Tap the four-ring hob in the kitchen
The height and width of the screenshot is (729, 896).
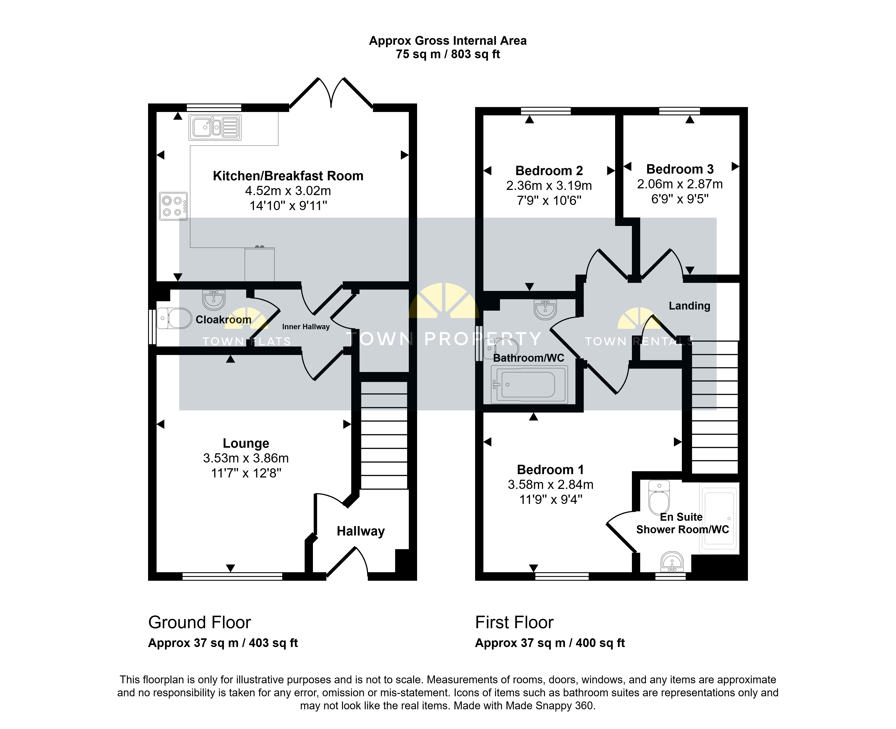[x=173, y=206]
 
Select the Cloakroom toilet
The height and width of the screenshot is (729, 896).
[x=174, y=318]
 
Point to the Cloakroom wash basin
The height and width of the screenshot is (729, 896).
[x=214, y=299]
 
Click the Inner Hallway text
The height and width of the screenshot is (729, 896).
[x=306, y=327]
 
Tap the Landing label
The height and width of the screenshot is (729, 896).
[x=689, y=306]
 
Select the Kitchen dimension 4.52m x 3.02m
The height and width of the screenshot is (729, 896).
[x=288, y=191]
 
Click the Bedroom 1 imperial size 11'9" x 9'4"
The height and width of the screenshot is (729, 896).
[x=551, y=499]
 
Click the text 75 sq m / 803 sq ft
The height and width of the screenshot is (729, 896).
[x=448, y=54]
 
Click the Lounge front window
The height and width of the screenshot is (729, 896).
[x=232, y=576]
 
